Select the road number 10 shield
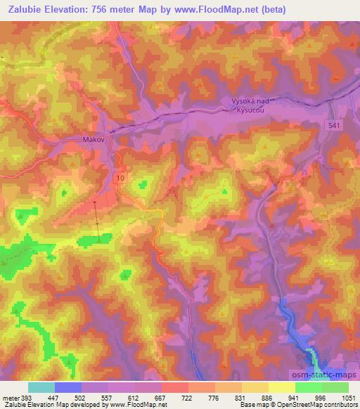coord(121,178)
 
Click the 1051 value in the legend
coord(348,397)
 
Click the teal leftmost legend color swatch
coord(41,387)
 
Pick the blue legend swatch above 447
coord(68,387)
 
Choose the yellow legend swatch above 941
coord(281,387)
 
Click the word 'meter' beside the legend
coord(9,397)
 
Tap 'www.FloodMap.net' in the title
coord(231,8)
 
